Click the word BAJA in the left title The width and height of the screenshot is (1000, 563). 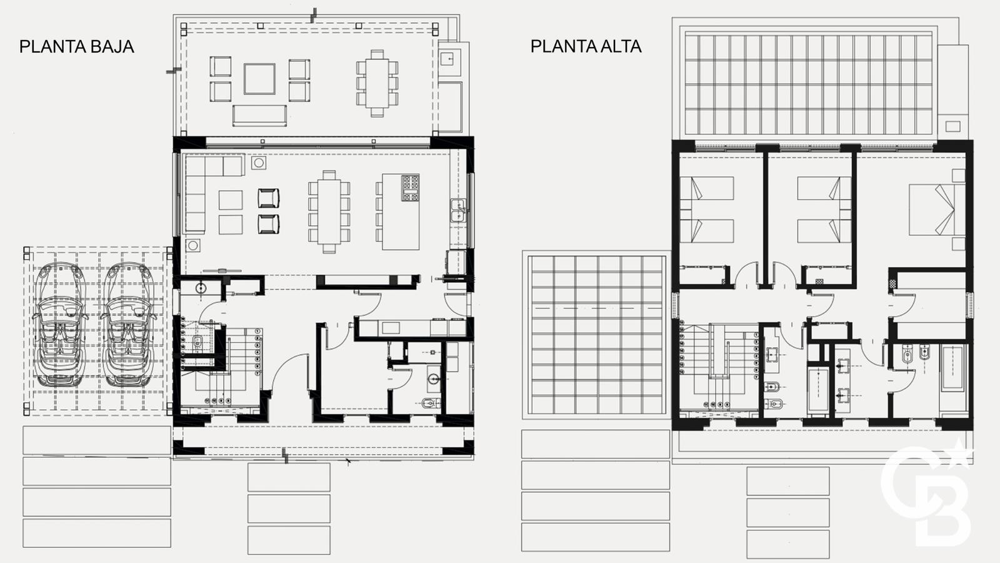pos(112,47)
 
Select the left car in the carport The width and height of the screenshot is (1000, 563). pos(60,325)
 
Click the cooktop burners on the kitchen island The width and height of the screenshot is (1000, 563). pos(410,188)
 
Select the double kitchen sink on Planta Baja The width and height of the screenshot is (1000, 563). pos(458,210)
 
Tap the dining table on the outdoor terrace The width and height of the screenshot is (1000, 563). pos(377,83)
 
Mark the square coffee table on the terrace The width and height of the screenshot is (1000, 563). pos(259,79)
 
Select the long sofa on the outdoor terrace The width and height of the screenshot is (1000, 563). pos(259,116)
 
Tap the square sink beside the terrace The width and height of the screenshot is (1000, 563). pos(447,58)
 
